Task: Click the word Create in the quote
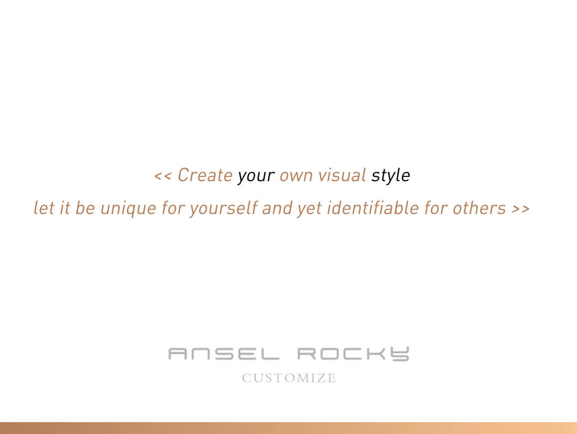click(x=205, y=175)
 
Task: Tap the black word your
click(x=256, y=176)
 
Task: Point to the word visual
click(x=342, y=175)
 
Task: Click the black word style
click(x=391, y=176)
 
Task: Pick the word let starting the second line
click(x=44, y=208)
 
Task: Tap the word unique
click(x=128, y=209)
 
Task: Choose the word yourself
click(x=223, y=208)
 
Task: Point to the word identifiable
click(x=373, y=208)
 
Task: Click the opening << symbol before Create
click(x=162, y=176)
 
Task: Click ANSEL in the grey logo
click(x=224, y=354)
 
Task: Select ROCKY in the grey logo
click(x=353, y=354)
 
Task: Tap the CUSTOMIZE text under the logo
click(x=289, y=378)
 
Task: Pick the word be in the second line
click(x=85, y=208)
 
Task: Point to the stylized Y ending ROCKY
click(x=400, y=354)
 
